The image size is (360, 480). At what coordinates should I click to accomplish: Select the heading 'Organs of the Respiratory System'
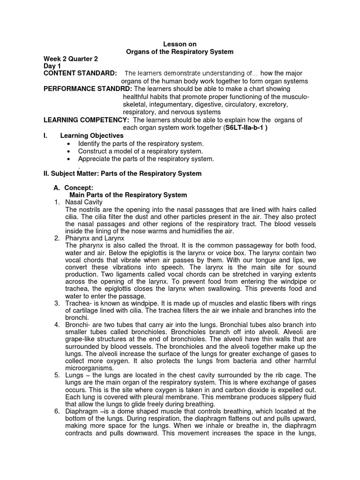pyautogui.click(x=180, y=52)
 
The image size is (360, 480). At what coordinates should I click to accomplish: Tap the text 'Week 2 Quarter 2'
pyautogui.click(x=71, y=59)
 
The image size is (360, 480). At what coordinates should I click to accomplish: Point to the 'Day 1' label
pyautogui.click(x=52, y=66)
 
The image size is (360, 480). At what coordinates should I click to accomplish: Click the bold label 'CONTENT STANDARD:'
pyautogui.click(x=80, y=74)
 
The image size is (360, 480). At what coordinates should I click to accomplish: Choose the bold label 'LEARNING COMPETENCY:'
pyautogui.click(x=86, y=120)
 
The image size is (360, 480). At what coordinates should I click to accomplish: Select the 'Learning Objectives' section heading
pyautogui.click(x=92, y=135)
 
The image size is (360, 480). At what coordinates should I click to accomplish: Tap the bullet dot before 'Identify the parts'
pyautogui.click(x=69, y=143)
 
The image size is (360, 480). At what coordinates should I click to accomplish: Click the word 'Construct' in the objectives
pyautogui.click(x=93, y=151)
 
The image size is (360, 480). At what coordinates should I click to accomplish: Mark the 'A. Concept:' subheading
pyautogui.click(x=74, y=187)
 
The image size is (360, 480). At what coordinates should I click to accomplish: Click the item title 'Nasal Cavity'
pyautogui.click(x=84, y=202)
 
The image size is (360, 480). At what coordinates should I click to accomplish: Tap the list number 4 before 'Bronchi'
pyautogui.click(x=56, y=324)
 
